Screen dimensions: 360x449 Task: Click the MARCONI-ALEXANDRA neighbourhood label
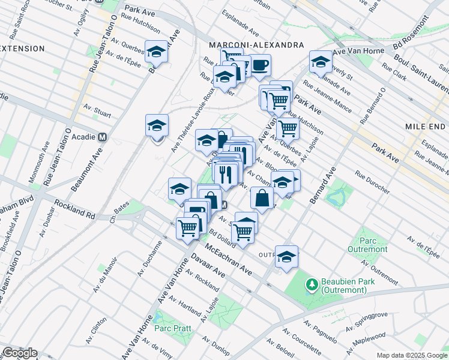(x=256, y=45)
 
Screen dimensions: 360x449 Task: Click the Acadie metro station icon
(x=102, y=137)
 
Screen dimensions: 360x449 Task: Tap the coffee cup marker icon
(x=259, y=65)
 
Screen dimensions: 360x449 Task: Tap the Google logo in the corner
(x=19, y=353)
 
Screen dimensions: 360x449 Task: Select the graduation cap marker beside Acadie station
(x=157, y=127)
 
